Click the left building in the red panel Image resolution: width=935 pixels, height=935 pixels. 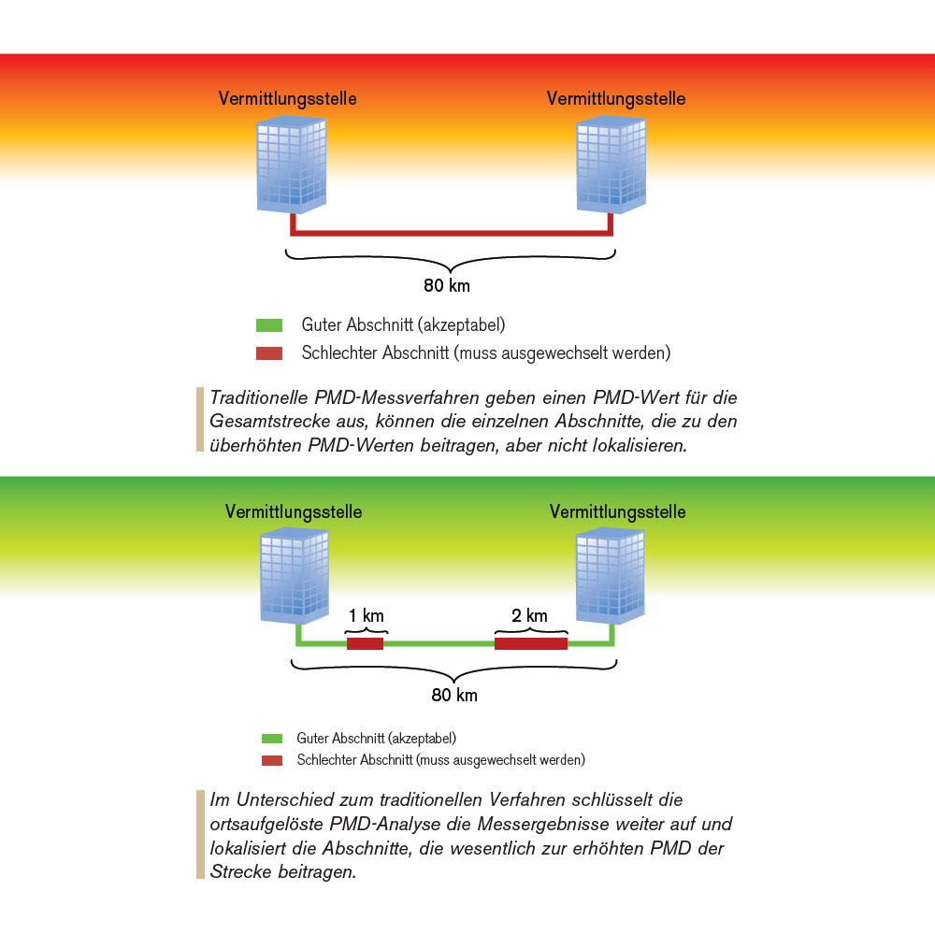click(x=291, y=165)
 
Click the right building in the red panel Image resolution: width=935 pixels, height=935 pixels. click(x=613, y=165)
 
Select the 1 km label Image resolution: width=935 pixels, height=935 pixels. click(x=366, y=616)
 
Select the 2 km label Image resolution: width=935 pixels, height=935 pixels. click(x=530, y=616)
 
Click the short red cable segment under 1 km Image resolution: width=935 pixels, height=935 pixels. click(x=366, y=643)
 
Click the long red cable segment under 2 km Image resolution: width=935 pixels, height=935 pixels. click(x=531, y=643)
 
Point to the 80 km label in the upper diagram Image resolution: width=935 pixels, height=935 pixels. click(x=447, y=285)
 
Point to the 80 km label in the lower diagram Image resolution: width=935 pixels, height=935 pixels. click(x=454, y=696)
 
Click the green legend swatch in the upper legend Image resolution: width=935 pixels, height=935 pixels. click(x=269, y=326)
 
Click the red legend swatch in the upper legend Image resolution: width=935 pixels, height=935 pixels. click(x=269, y=353)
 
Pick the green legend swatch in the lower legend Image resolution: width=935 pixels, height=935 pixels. click(x=272, y=739)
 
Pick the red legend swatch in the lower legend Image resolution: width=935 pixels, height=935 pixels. click(x=272, y=760)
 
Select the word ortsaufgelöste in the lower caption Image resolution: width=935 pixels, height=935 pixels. click(x=266, y=825)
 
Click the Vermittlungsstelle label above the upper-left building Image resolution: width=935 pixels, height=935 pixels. click(x=287, y=98)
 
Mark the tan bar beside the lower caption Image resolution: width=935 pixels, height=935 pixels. click(x=200, y=835)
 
